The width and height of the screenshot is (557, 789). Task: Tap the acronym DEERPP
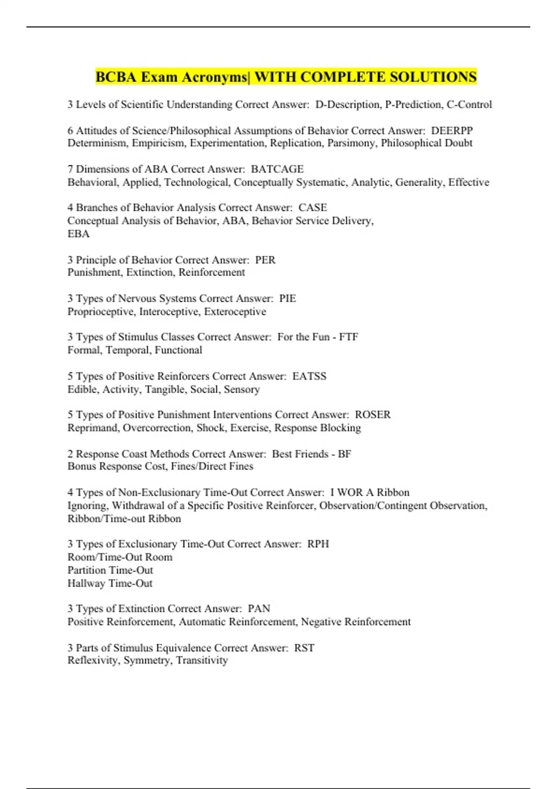pyautogui.click(x=452, y=131)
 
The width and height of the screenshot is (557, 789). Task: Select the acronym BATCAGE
pyautogui.click(x=277, y=169)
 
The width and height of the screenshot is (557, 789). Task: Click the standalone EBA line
pyautogui.click(x=78, y=234)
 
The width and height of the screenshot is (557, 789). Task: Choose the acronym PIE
pyautogui.click(x=287, y=298)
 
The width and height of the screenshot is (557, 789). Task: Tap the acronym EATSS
pyautogui.click(x=309, y=376)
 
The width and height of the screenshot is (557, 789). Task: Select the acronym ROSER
pyautogui.click(x=373, y=415)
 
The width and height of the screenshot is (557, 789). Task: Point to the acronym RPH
pyautogui.click(x=318, y=544)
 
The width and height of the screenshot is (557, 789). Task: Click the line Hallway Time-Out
pyautogui.click(x=110, y=583)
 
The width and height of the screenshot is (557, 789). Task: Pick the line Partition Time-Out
pyautogui.click(x=110, y=570)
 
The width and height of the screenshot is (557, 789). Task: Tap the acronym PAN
pyautogui.click(x=259, y=609)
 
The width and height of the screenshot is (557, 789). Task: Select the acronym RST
pyautogui.click(x=304, y=648)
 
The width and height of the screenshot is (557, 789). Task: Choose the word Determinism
pyautogui.click(x=97, y=143)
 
